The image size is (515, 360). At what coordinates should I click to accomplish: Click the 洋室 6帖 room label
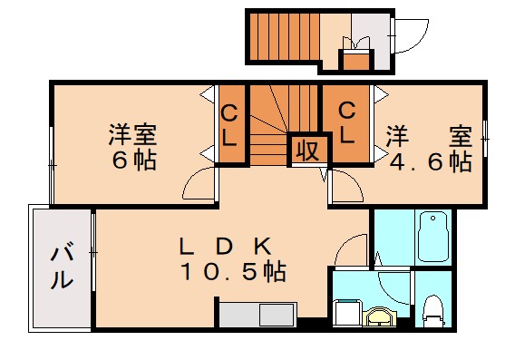(x=133, y=148)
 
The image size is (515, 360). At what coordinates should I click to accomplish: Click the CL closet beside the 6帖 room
(x=230, y=127)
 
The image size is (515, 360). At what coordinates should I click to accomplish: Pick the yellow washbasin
(x=380, y=317)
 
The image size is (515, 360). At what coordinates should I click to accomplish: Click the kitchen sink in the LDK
(x=274, y=316)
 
